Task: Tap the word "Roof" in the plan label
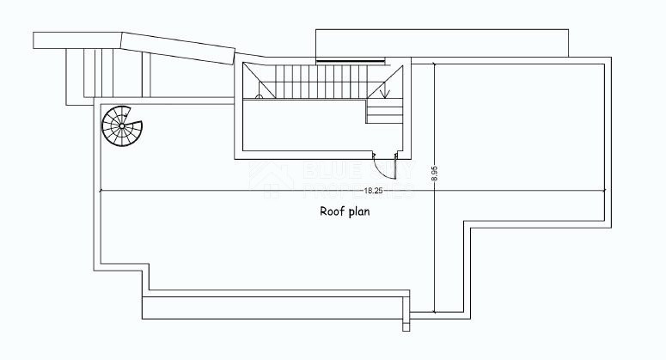[x=332, y=211]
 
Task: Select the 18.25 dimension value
[x=373, y=190]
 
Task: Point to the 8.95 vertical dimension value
[x=435, y=175]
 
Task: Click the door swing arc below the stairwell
[x=383, y=161]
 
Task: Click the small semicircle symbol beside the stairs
[x=259, y=97]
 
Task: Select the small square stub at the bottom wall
[x=406, y=326]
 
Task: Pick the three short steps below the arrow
[x=384, y=110]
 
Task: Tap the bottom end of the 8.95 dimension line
[x=435, y=313]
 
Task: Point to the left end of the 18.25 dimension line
[x=100, y=190]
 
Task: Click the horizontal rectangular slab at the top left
[x=77, y=40]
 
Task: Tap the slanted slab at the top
[x=179, y=49]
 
